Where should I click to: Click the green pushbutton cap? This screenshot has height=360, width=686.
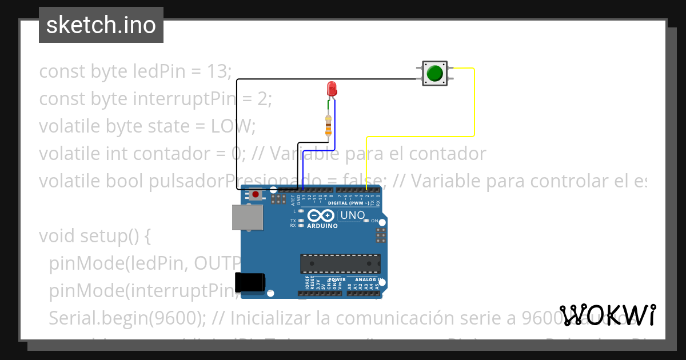435,73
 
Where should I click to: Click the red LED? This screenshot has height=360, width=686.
331,89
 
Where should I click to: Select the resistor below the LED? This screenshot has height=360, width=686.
328,125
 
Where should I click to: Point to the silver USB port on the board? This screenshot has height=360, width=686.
247,218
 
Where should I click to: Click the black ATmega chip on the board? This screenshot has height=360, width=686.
340,263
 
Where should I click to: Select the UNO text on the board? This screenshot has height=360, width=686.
352,215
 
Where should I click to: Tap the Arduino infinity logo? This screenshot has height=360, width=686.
321,215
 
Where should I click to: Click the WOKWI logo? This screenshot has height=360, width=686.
608,315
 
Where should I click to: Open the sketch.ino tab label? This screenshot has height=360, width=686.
101,25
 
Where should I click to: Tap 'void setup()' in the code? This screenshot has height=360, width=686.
95,236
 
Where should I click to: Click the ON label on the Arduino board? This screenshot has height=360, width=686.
375,221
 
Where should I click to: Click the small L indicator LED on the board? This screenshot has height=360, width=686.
295,211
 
